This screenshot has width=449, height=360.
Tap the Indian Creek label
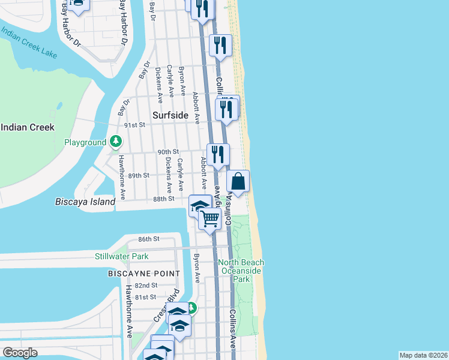pyautogui.click(x=28, y=127)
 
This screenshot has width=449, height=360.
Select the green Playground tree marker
pyautogui.click(x=116, y=142)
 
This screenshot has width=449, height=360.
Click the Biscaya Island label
pyautogui.click(x=85, y=202)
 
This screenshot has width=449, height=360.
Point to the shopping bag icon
pyautogui.click(x=238, y=181)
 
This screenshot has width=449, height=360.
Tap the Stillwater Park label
pyautogui.click(x=122, y=257)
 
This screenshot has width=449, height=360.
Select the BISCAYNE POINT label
pyautogui.click(x=143, y=274)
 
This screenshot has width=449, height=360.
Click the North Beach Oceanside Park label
pyautogui.click(x=241, y=271)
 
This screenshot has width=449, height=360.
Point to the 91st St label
pyautogui.click(x=135, y=125)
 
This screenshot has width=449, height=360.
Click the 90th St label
pyautogui.click(x=169, y=152)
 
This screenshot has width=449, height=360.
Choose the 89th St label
pyautogui.click(x=138, y=175)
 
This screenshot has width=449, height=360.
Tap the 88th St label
pyautogui.click(x=163, y=198)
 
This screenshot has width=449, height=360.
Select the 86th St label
pyautogui.click(x=148, y=239)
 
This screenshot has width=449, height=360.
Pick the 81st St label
pyautogui.click(x=145, y=297)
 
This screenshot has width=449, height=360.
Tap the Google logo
pyautogui.click(x=20, y=353)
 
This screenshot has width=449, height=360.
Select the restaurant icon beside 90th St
pyautogui.click(x=218, y=154)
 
